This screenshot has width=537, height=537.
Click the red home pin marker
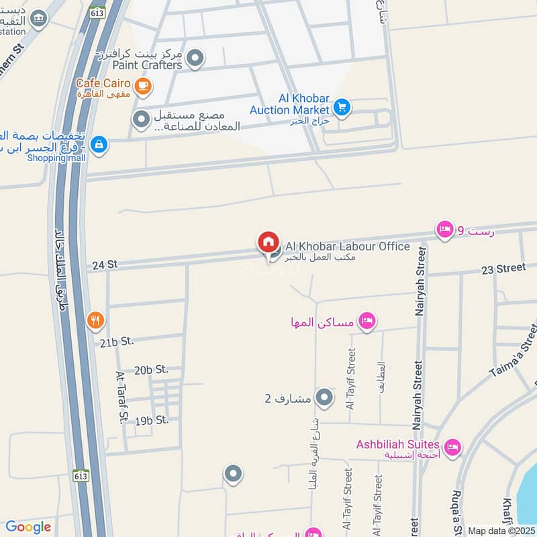(268, 242)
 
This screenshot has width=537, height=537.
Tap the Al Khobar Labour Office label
(348, 246)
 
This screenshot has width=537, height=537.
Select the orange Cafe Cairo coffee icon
(142, 85)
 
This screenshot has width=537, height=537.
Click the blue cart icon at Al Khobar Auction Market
(342, 107)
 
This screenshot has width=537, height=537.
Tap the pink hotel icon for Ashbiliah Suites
(453, 446)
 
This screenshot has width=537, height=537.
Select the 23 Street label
(503, 268)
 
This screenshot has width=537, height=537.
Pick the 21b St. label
(117, 342)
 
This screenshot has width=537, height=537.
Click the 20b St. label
(151, 369)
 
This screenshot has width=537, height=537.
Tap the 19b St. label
(152, 420)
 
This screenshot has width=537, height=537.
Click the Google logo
(28, 527)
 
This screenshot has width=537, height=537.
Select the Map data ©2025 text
(500, 530)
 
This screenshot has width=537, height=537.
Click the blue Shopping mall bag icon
(99, 145)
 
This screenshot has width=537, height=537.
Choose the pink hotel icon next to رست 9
(444, 231)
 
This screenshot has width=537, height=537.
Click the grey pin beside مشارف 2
(325, 399)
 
